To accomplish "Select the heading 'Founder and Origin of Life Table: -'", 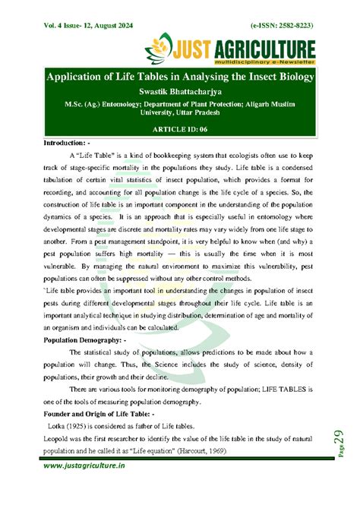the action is click(x=99, y=413).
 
